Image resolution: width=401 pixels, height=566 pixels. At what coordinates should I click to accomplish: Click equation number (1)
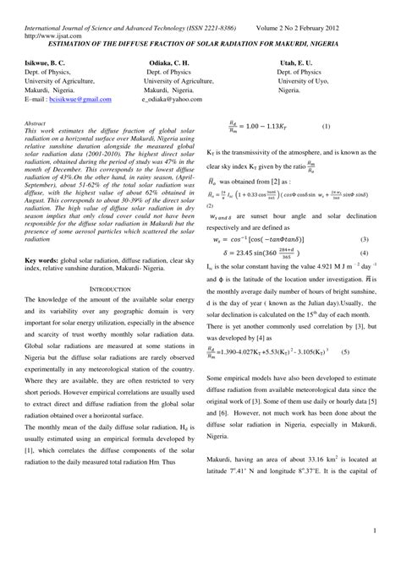coord(327,126)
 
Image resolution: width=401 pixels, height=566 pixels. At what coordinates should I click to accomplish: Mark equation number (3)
coord(365,240)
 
